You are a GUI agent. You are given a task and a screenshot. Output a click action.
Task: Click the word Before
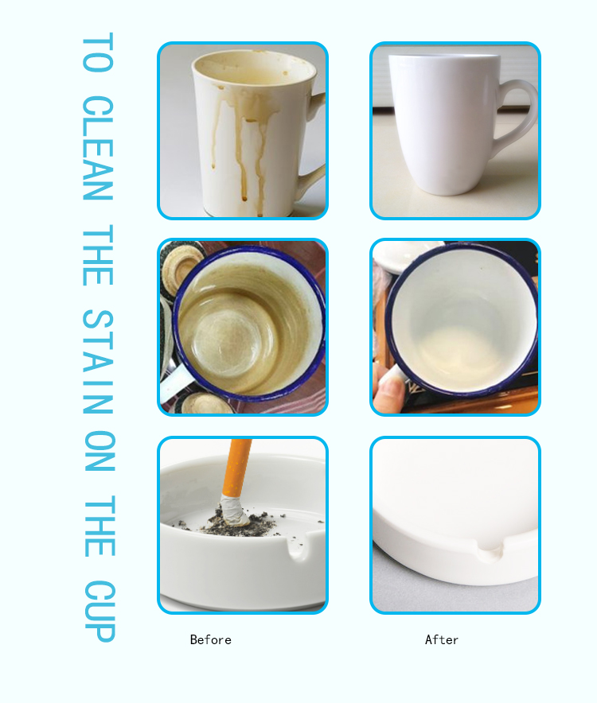210,640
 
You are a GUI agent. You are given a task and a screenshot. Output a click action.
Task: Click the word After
442,640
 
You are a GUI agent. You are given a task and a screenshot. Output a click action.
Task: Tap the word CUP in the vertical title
99,611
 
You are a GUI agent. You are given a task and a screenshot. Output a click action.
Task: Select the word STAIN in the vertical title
98,361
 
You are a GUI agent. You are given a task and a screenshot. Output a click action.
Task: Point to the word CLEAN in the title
98,147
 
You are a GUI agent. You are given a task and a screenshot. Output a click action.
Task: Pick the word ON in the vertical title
99,451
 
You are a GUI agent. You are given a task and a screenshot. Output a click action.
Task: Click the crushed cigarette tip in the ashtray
233,511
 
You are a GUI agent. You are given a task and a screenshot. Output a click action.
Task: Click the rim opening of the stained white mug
254,68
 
